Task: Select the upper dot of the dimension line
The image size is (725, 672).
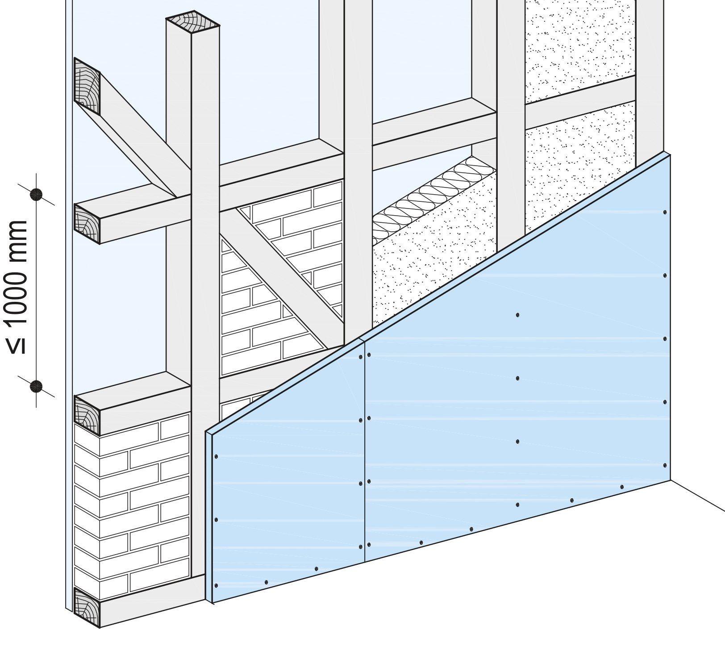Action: tap(36, 194)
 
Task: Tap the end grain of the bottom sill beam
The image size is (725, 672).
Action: tap(87, 608)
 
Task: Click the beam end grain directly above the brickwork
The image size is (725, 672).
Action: tap(87, 415)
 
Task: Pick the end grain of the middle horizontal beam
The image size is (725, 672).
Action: tap(87, 224)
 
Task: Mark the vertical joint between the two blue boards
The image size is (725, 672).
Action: tap(365, 451)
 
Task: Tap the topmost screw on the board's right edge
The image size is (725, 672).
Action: tap(665, 212)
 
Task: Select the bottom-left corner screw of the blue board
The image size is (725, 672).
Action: tap(217, 585)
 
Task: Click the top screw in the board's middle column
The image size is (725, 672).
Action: tap(517, 315)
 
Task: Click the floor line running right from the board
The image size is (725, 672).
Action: tap(698, 495)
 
